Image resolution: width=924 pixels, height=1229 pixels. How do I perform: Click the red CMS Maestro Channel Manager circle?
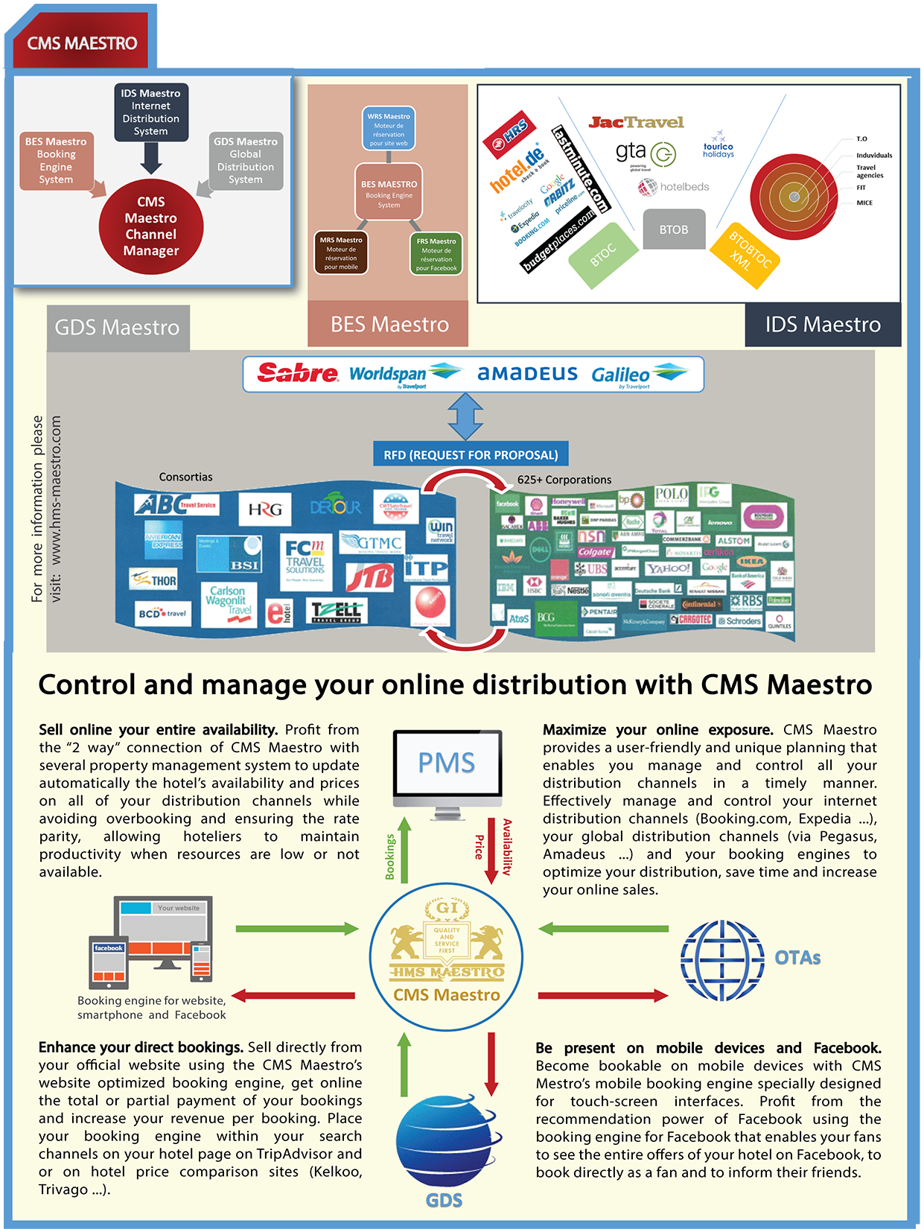point(151,226)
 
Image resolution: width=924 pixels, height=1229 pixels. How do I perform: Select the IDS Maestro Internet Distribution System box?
point(151,112)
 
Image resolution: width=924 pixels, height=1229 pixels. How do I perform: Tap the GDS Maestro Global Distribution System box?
point(246,160)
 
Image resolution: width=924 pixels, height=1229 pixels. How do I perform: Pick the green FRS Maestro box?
point(436,254)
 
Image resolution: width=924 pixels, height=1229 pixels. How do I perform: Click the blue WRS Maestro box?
point(389,128)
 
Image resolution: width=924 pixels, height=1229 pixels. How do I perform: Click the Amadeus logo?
point(527,373)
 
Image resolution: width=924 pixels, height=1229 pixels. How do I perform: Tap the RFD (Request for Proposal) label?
point(471,454)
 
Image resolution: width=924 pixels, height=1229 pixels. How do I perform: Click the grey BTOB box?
point(674,229)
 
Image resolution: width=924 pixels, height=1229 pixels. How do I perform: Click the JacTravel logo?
point(636,122)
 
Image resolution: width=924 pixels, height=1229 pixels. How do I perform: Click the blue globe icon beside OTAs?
point(721,960)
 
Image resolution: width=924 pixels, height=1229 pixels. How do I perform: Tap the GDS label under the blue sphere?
point(444,1200)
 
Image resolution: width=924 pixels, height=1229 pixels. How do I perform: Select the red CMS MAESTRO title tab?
point(82,43)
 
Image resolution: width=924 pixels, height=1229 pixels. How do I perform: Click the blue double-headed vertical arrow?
point(465,416)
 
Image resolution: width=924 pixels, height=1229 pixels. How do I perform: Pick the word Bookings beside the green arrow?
point(389,857)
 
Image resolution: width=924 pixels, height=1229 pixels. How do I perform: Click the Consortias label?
point(185,477)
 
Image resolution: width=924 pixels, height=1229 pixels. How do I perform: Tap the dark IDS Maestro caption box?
point(823,325)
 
